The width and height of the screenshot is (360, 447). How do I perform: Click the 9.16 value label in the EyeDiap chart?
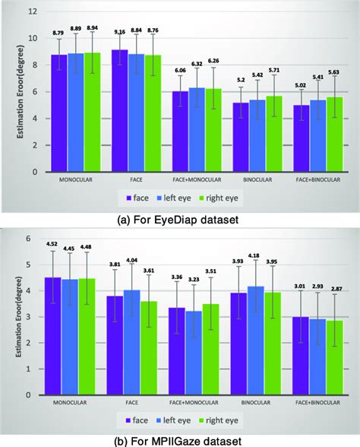point(119,33)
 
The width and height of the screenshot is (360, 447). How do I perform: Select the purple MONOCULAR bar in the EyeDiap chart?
point(59,113)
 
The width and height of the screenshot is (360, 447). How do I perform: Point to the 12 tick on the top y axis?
point(33,12)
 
